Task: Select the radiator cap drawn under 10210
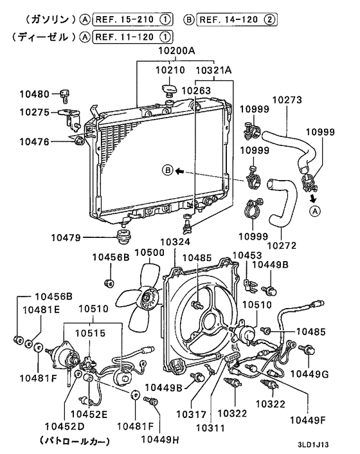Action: [x=168, y=87]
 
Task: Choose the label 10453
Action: [x=246, y=255]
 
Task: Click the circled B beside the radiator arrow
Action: [x=167, y=170]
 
